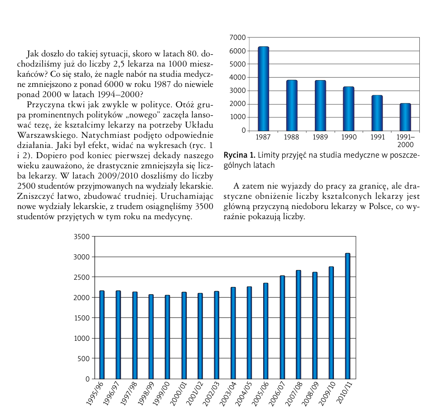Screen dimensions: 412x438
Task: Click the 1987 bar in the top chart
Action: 264,89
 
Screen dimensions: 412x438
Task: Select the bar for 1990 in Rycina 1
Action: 348,109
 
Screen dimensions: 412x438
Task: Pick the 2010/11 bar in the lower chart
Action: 348,316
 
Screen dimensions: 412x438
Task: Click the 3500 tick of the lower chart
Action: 82,237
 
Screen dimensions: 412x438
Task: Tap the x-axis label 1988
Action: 292,137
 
